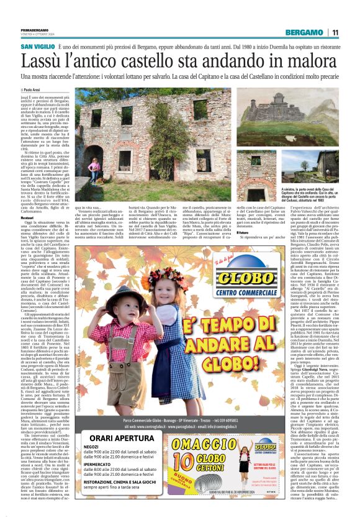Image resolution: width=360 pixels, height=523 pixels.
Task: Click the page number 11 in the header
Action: (x=335, y=32)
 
